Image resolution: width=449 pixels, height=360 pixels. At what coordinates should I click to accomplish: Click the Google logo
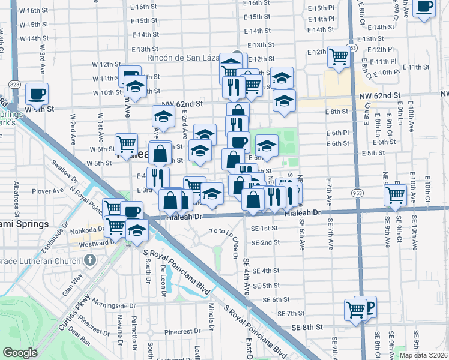(20, 353)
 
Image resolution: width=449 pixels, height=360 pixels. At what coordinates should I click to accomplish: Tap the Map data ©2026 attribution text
(423, 355)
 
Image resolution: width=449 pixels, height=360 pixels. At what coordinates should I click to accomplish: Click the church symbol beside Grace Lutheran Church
(89, 260)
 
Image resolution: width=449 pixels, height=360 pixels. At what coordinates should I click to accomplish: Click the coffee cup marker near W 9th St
(37, 94)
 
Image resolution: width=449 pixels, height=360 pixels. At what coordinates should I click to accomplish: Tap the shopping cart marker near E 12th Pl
(339, 56)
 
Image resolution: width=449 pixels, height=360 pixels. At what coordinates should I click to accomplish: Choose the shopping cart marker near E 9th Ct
(395, 194)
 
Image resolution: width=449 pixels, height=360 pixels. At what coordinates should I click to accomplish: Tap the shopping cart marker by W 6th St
(126, 144)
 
